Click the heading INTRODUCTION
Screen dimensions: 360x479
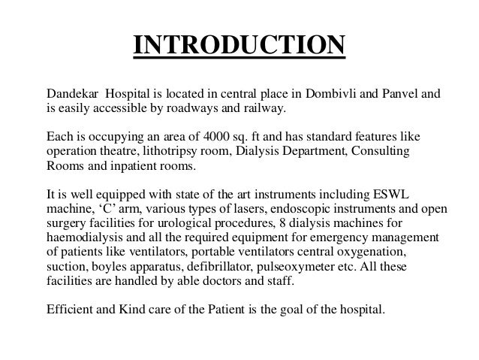(239, 44)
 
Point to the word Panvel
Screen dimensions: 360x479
(397, 95)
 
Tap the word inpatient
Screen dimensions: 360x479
(137, 167)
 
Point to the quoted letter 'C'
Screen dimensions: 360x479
(106, 209)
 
